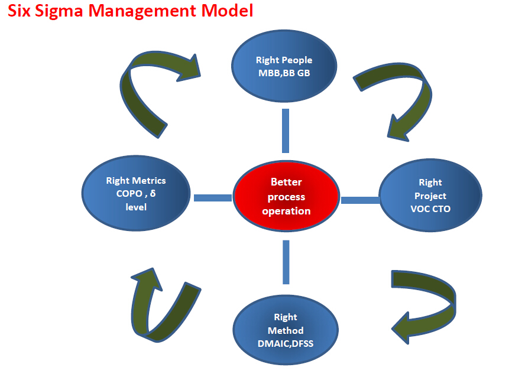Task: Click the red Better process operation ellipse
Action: click(286, 196)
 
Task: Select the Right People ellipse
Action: click(284, 66)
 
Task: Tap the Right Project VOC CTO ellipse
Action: click(430, 196)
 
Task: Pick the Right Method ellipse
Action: click(286, 330)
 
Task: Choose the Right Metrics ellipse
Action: click(136, 193)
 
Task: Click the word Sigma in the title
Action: click(59, 11)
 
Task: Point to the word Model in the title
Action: click(227, 11)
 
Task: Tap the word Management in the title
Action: click(142, 11)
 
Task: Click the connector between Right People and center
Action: click(286, 131)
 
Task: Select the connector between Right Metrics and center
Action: click(213, 198)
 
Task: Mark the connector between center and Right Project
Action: click(360, 200)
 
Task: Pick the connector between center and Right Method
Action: click(286, 262)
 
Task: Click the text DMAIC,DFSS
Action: click(286, 343)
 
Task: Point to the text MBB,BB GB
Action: click(284, 73)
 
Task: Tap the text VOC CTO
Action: click(430, 209)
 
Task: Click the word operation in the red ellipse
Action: click(286, 211)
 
